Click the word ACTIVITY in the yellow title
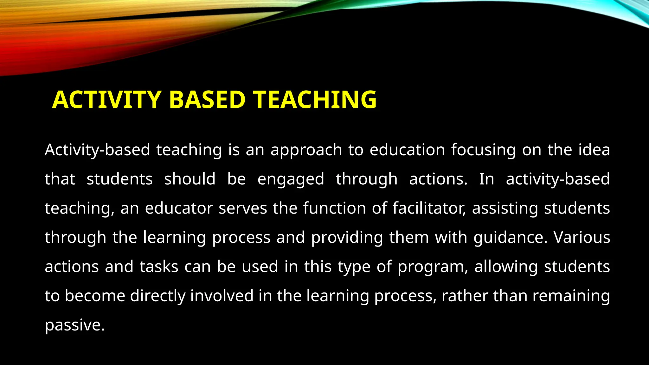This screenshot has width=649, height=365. coord(107,100)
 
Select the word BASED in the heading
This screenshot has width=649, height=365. coord(207,100)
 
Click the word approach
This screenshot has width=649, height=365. coord(306,150)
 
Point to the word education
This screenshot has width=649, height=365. coord(407,150)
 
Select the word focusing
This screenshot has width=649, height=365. coord(483,150)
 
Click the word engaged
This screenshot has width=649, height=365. coord(291,180)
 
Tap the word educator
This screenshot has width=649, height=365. coord(179,208)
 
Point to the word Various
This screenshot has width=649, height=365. coord(582,238)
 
